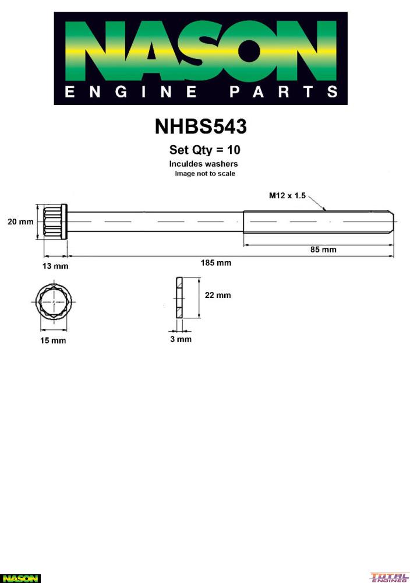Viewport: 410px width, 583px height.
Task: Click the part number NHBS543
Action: click(200, 127)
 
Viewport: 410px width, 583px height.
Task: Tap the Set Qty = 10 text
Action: click(204, 150)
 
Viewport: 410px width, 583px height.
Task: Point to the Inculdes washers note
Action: click(203, 164)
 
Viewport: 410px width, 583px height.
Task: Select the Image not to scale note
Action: click(205, 174)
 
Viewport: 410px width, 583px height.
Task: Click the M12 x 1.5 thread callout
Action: click(287, 195)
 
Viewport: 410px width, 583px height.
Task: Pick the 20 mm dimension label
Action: click(20, 222)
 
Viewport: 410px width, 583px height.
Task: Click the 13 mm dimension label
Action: click(55, 266)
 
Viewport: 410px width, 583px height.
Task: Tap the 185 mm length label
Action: click(215, 263)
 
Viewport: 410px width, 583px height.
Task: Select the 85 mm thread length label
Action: click(323, 250)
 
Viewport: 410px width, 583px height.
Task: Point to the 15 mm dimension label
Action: click(53, 340)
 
